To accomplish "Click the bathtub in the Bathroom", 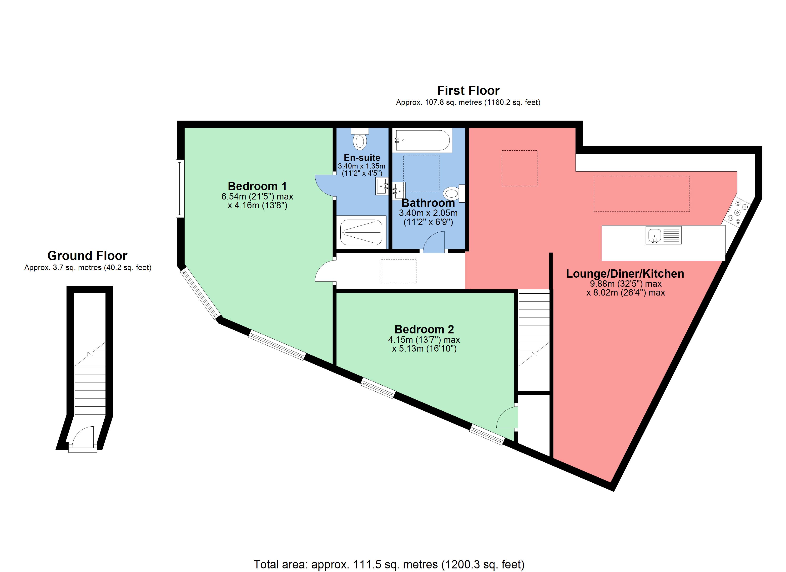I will click(422, 140).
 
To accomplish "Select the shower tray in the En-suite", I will click(361, 232).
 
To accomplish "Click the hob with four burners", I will click(737, 212).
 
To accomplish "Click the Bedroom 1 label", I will click(257, 186).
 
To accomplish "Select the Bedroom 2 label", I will click(424, 329).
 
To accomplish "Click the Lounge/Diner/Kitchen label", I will click(625, 274).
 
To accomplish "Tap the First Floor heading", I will click(468, 91).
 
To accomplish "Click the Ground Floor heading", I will click(87, 256).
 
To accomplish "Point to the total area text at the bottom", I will click(389, 564).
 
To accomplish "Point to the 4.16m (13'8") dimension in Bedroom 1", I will click(257, 205).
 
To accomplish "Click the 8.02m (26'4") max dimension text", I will click(625, 292).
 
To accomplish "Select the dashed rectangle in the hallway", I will click(398, 271).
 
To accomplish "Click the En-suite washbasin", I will click(382, 186).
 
